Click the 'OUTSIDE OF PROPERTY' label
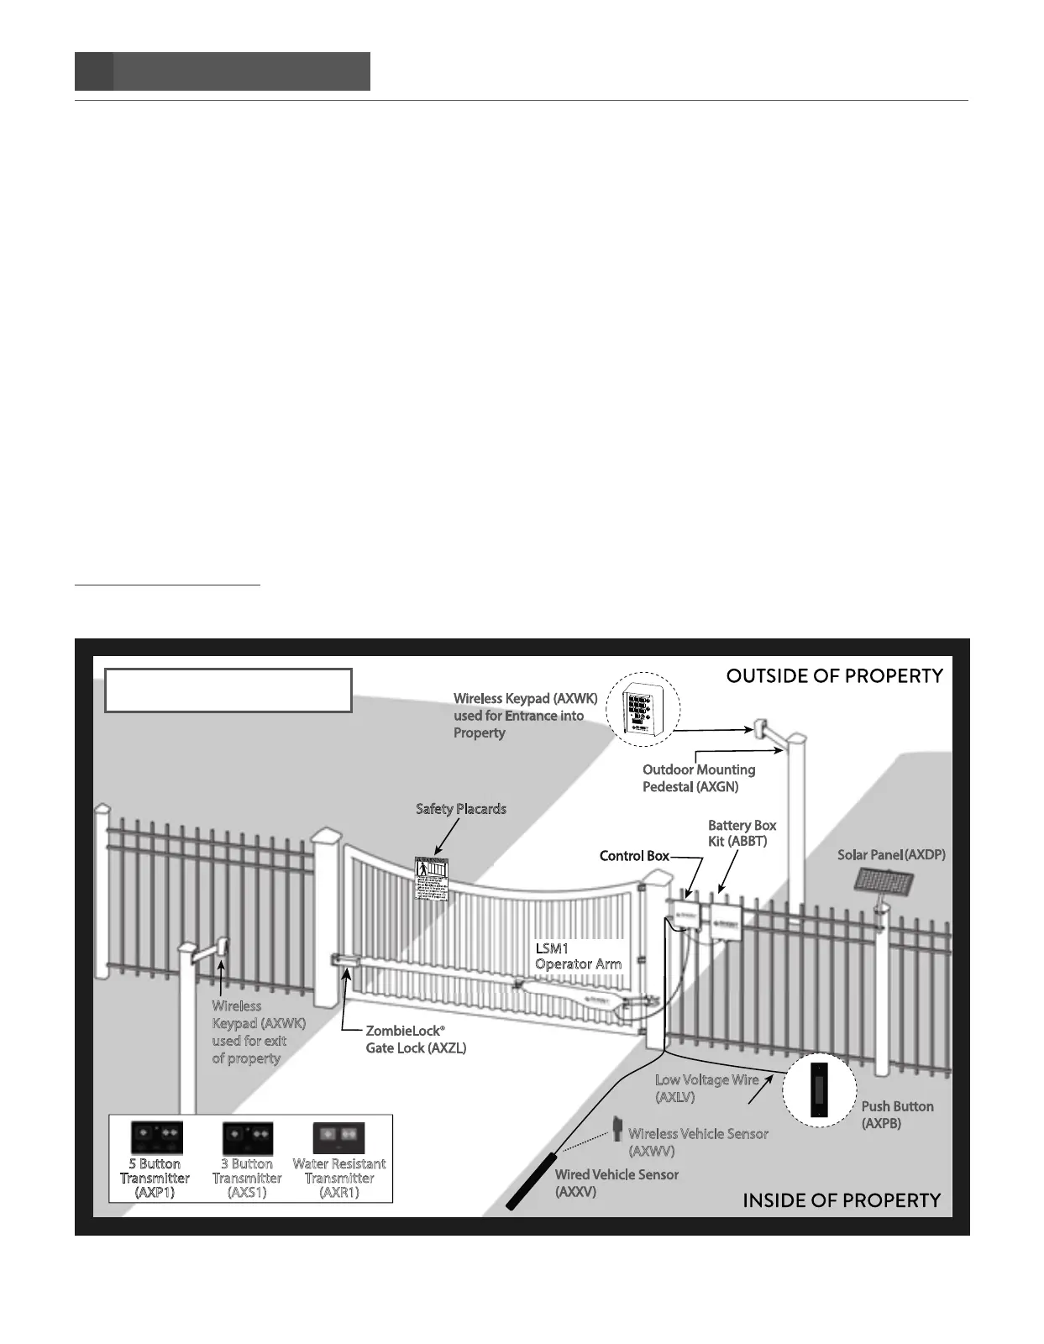pos(834,676)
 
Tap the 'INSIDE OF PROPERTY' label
pos(842,1200)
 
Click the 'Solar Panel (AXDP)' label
pos(891,855)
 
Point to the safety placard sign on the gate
pos(433,879)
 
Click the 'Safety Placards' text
pos(461,809)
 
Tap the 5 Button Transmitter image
pos(156,1137)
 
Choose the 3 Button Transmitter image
pos(248,1137)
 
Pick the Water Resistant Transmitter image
pos(338,1137)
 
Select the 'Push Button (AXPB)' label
pos(897,1115)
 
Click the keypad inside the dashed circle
pos(642,710)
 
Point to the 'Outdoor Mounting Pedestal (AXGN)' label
pos(699,778)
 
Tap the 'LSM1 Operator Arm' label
pos(578,956)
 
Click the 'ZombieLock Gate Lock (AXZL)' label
pos(416,1039)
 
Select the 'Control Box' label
pos(634,856)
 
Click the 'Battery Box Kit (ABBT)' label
pos(742,833)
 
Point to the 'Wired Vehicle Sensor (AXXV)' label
pos(616,1183)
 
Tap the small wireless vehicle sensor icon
pos(616,1127)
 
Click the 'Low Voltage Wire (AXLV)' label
pos(706,1089)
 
